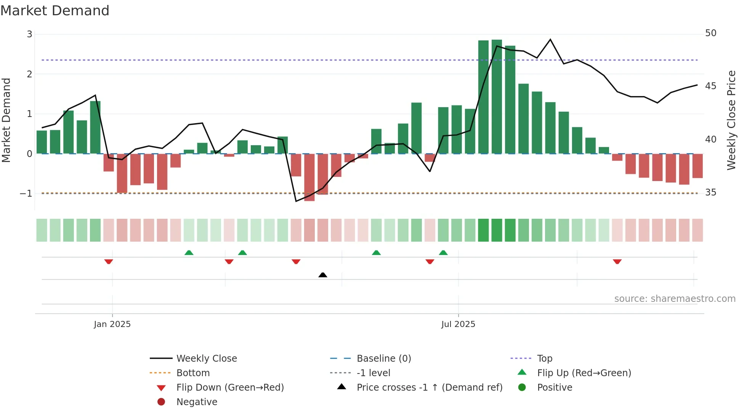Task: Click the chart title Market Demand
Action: coord(55,11)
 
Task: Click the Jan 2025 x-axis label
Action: coord(112,324)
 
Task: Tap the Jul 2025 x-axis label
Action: coord(458,324)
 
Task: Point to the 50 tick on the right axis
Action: coord(710,33)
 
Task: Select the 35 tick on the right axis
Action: coord(710,192)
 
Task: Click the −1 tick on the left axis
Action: coord(26,194)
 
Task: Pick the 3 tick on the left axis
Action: coord(29,34)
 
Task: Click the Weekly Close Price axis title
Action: coord(731,120)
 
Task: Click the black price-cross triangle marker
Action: coord(323,275)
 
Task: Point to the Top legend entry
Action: coord(544,359)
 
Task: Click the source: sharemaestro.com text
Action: coord(675,299)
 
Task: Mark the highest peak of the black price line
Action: coord(550,39)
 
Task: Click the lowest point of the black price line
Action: coord(296,201)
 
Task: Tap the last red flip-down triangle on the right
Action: coord(617,261)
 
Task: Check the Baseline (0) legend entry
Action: coord(383,359)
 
